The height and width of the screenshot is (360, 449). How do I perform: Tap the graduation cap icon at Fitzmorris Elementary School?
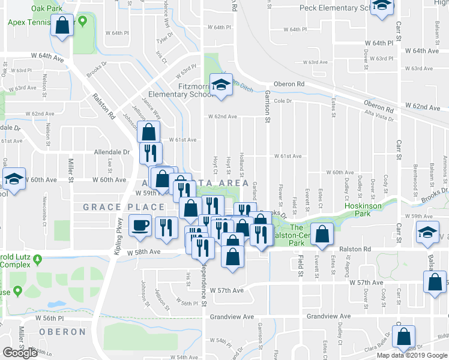click(220, 85)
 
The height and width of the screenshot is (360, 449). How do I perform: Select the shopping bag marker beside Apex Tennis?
click(62, 26)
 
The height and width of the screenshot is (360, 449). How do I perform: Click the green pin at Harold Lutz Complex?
click(38, 259)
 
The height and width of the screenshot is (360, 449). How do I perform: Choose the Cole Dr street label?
click(282, 101)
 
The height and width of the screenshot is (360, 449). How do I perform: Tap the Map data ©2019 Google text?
click(412, 355)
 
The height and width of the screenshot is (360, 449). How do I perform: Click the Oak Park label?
click(47, 10)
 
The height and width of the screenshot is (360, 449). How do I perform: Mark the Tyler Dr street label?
click(160, 40)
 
